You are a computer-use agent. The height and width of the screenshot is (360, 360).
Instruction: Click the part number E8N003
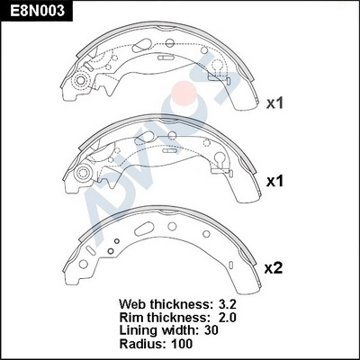coord(37,11)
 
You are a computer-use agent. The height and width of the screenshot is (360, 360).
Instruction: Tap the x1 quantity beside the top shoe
coord(274,103)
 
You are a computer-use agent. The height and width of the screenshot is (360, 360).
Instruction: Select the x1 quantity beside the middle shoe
coord(274,182)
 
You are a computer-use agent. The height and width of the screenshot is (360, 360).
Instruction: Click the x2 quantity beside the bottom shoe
coord(274,268)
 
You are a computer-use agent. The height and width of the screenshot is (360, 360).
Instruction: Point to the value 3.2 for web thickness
coord(226,304)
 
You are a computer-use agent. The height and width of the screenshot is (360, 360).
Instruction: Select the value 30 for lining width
coord(211,330)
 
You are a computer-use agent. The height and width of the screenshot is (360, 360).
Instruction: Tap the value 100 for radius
coord(181,344)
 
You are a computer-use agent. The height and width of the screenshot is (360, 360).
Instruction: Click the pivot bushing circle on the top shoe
coord(81,80)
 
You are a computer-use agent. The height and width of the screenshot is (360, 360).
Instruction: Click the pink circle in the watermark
coord(185,93)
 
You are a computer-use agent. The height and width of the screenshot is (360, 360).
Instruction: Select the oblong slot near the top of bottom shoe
coord(144,229)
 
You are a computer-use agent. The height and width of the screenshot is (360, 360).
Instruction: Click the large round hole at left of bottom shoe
coord(83,264)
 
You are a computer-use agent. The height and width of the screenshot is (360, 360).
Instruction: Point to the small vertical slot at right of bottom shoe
coord(230,265)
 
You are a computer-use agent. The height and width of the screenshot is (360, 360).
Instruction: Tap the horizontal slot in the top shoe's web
coord(166,57)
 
